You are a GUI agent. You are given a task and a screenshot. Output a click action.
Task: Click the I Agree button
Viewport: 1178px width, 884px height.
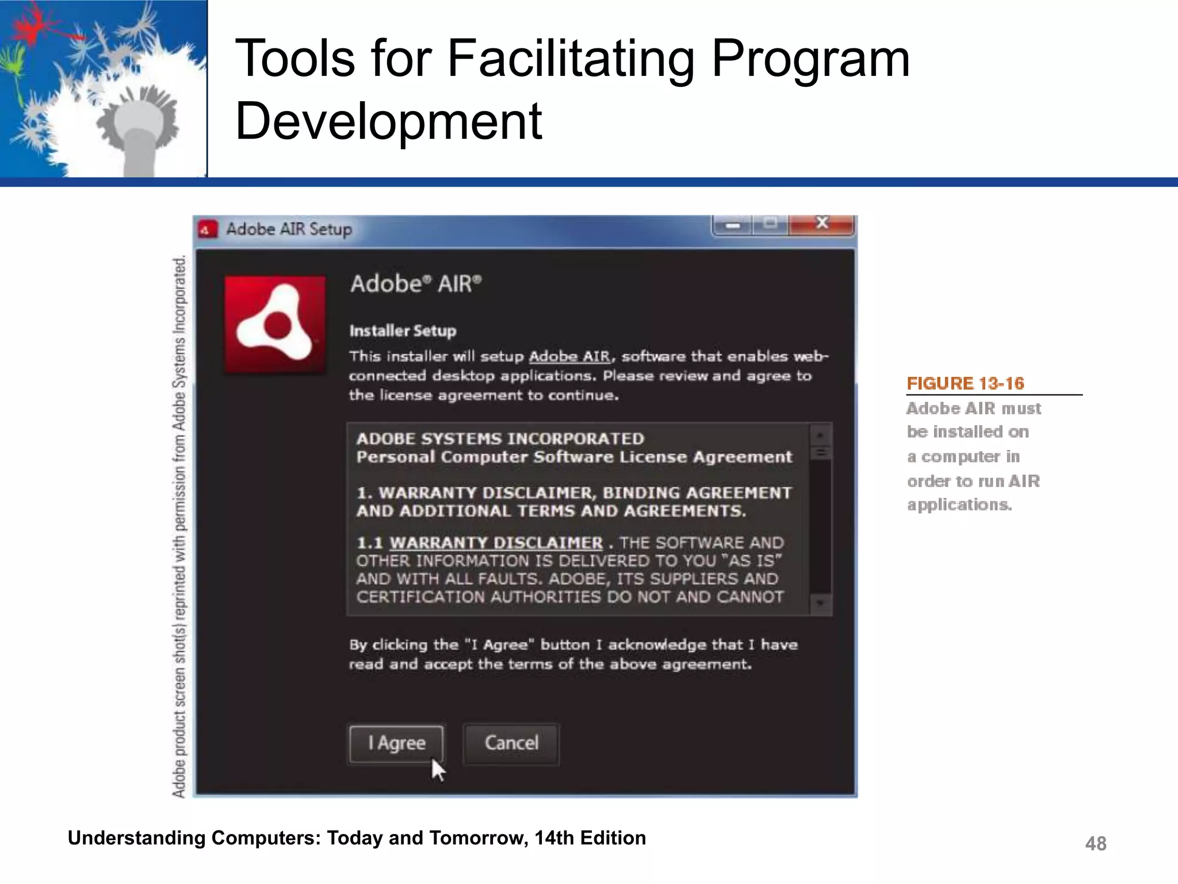pyautogui.click(x=396, y=743)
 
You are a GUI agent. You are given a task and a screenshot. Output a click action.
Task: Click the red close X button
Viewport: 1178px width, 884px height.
pyautogui.click(x=821, y=224)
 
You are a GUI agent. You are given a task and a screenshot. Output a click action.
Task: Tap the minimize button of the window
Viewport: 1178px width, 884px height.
pyautogui.click(x=732, y=225)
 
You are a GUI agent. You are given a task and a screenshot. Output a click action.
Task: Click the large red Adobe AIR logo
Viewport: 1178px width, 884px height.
pyautogui.click(x=275, y=325)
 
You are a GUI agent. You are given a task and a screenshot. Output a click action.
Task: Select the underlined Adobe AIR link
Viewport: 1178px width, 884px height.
pyautogui.click(x=569, y=357)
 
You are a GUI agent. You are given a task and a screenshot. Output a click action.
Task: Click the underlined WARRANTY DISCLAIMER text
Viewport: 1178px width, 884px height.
pyautogui.click(x=496, y=543)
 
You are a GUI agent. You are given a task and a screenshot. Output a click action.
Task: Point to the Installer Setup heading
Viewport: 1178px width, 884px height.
pyautogui.click(x=403, y=331)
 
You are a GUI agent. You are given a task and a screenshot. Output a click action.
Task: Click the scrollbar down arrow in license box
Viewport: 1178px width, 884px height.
pyautogui.click(x=820, y=604)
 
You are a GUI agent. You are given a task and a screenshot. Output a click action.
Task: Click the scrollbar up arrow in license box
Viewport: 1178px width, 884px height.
pyautogui.click(x=820, y=435)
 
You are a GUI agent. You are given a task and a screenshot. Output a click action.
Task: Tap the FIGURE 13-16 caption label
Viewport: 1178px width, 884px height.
pyautogui.click(x=965, y=383)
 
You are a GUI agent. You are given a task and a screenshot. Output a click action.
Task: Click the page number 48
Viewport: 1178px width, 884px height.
pyautogui.click(x=1095, y=843)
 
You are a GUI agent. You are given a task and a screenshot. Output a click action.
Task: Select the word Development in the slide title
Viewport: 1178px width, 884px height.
pyautogui.click(x=389, y=121)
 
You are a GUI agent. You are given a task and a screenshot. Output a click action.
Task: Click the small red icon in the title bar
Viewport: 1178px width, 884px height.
pyautogui.click(x=207, y=230)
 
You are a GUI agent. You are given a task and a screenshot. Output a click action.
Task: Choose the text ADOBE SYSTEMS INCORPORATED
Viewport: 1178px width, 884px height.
pyautogui.click(x=500, y=439)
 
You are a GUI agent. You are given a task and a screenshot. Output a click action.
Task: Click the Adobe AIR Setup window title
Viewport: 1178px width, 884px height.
pyautogui.click(x=289, y=230)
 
